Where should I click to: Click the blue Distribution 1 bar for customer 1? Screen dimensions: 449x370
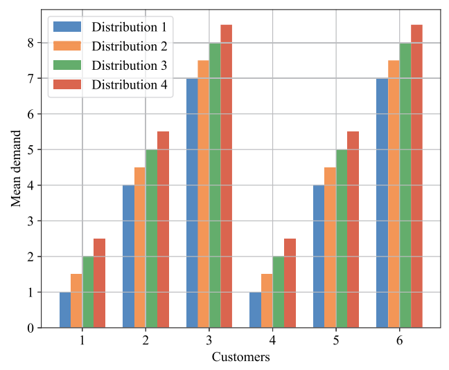point(65,310)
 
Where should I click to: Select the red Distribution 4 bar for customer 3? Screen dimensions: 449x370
point(226,176)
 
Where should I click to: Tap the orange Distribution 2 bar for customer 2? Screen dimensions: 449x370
point(140,248)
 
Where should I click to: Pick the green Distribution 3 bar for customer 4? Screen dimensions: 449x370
point(279,292)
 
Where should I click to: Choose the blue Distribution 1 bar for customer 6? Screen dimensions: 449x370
point(382,203)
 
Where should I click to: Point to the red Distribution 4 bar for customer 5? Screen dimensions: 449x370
point(353,230)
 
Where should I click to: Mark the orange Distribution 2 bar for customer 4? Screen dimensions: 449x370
point(267,301)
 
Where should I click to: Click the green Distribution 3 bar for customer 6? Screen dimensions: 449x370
point(405,185)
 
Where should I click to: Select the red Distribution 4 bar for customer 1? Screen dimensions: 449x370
point(99,283)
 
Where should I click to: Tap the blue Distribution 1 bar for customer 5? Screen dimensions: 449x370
point(319,257)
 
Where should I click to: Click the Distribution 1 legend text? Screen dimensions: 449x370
point(129,27)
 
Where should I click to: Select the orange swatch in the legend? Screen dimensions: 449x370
point(67,46)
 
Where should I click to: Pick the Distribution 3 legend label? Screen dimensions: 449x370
point(129,66)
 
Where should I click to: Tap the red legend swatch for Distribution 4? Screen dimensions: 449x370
point(67,84)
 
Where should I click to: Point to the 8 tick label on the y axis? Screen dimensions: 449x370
point(30,43)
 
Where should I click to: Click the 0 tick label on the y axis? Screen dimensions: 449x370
point(30,328)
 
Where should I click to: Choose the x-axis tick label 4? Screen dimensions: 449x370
point(272,340)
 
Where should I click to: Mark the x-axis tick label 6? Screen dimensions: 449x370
point(400,340)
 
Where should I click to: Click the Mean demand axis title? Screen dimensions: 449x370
point(16,169)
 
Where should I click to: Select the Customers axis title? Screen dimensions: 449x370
point(241,357)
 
